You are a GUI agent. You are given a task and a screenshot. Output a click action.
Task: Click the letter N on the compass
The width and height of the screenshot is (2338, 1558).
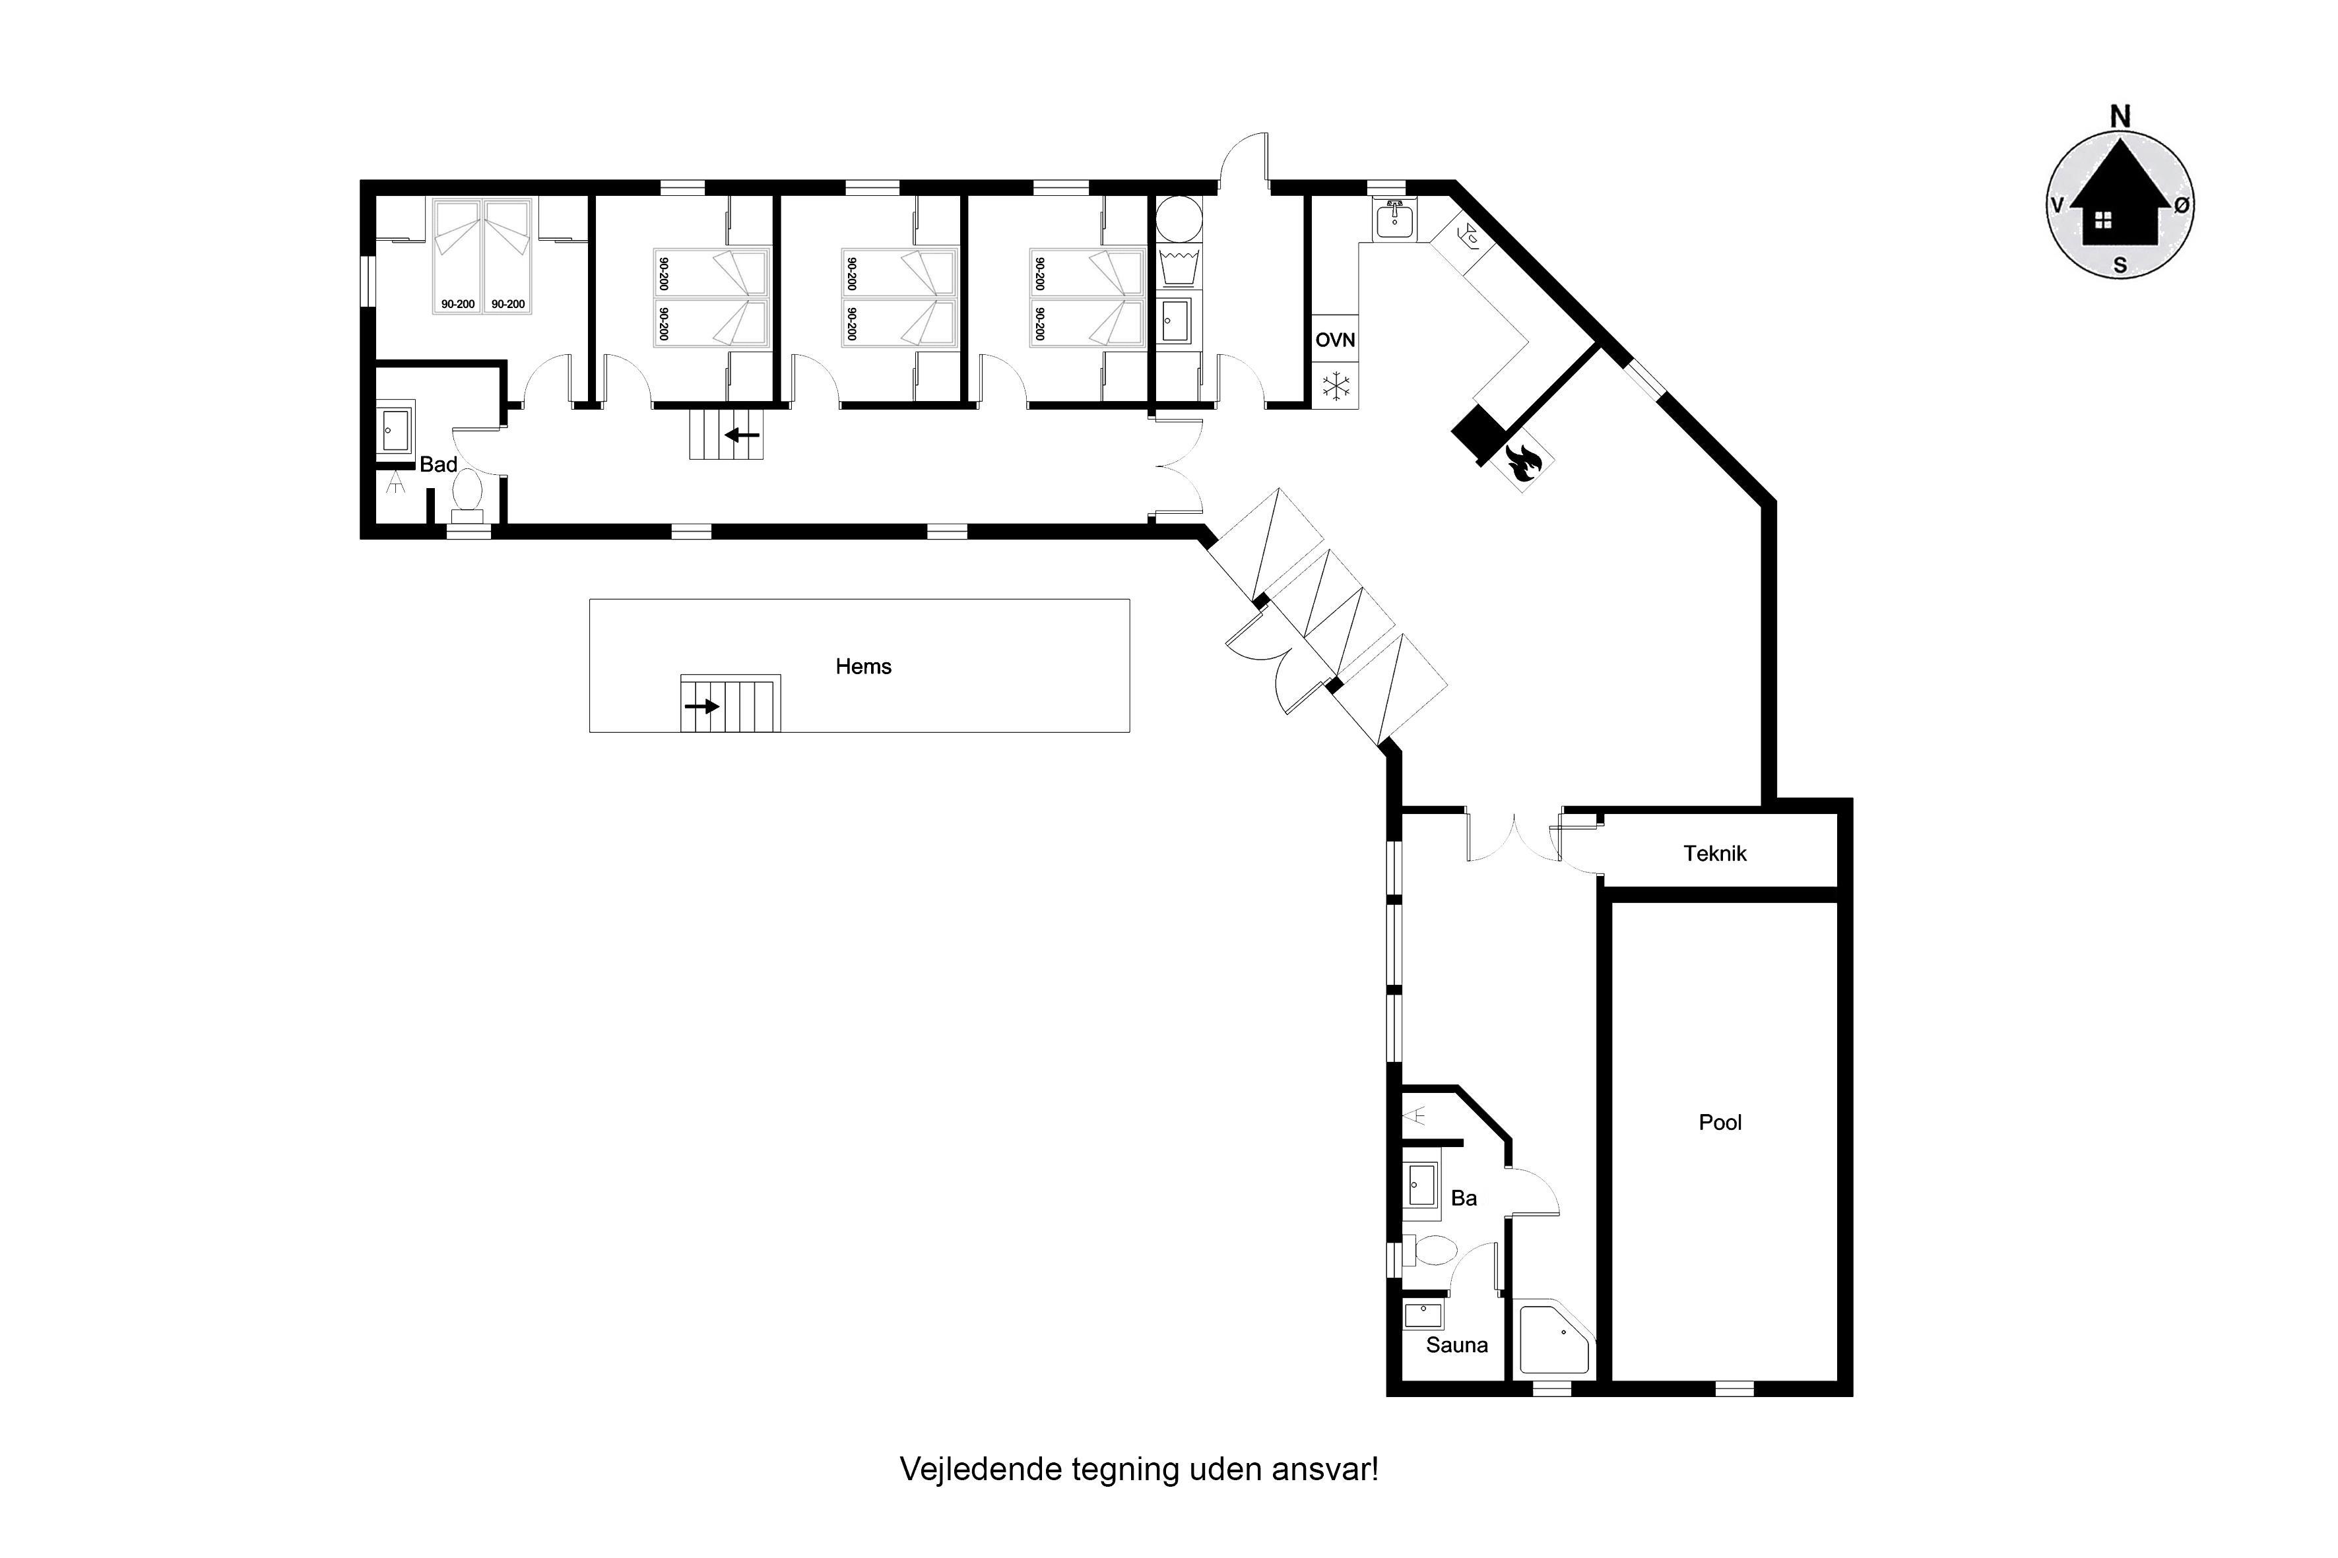point(2120,117)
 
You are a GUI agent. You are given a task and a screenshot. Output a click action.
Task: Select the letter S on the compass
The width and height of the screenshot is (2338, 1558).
point(2120,265)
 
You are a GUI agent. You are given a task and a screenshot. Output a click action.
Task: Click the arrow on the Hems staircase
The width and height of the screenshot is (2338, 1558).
point(702,706)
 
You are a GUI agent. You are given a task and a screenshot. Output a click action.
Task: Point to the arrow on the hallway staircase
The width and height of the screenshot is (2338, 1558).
point(742,435)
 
